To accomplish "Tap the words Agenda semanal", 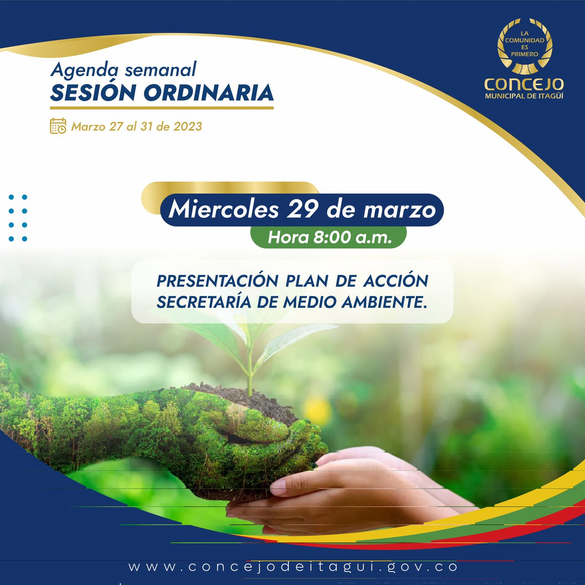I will (123, 70).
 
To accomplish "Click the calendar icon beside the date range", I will (58, 126).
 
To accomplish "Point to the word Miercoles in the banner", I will (223, 210).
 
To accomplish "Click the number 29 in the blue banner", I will (303, 210).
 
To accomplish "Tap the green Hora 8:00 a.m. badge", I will (329, 237).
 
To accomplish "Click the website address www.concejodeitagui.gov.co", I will (293, 567).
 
